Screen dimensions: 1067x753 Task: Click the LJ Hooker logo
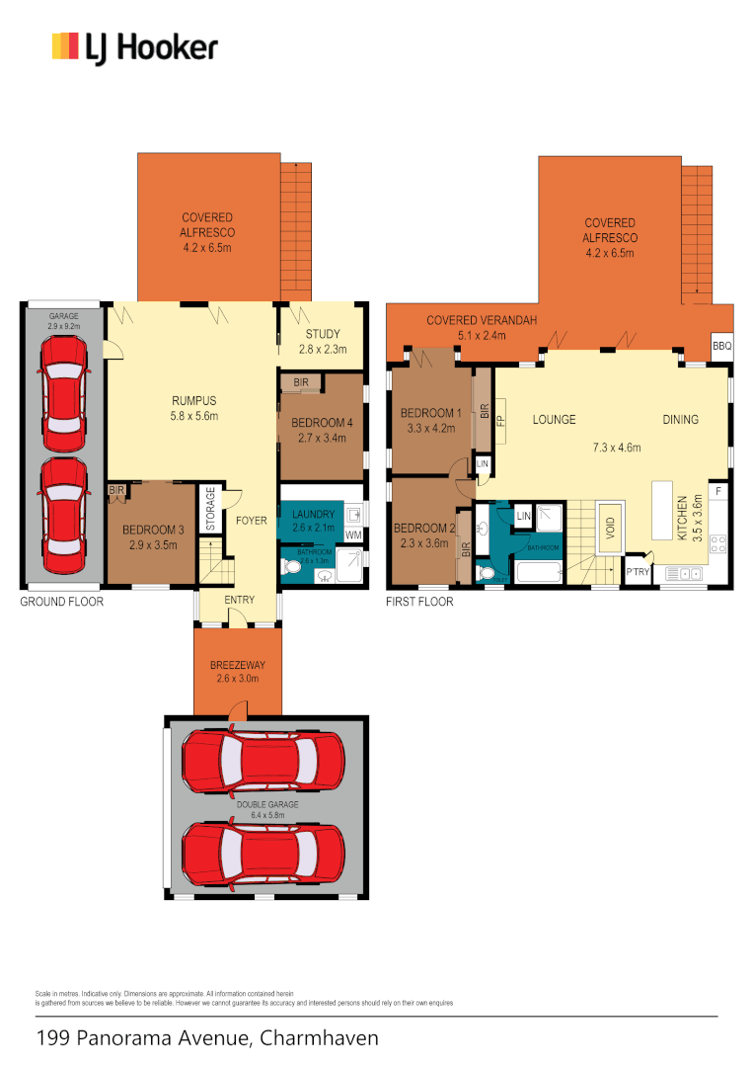tap(134, 47)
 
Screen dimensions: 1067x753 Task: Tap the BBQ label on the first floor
tap(722, 347)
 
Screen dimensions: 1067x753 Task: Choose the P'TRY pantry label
tap(637, 572)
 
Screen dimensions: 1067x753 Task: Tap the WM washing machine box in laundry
tap(352, 534)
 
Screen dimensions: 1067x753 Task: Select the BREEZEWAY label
tap(235, 666)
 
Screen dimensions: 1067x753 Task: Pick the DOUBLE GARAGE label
tap(265, 804)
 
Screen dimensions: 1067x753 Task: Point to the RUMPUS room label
tap(193, 401)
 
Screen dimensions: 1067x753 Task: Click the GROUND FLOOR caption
tap(61, 601)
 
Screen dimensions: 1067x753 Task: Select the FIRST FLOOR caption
tap(420, 601)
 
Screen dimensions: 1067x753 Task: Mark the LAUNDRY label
tap(312, 515)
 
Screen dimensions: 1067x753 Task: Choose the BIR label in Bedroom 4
tap(299, 381)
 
